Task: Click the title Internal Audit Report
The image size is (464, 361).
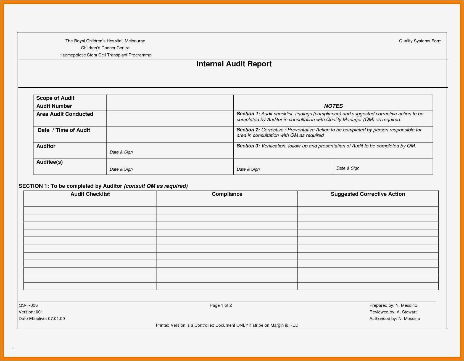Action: click(x=234, y=64)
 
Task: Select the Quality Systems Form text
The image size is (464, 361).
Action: click(x=420, y=41)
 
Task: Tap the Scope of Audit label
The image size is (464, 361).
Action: click(x=55, y=98)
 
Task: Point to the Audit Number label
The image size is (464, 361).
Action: click(x=54, y=106)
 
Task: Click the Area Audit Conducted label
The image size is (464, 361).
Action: click(x=65, y=114)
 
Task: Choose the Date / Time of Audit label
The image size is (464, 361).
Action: click(x=64, y=130)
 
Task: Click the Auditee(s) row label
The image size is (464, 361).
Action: click(x=49, y=162)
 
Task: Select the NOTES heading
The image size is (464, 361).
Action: click(x=333, y=106)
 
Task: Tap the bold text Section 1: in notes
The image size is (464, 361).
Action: click(x=248, y=114)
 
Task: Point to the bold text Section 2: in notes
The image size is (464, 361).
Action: click(x=248, y=130)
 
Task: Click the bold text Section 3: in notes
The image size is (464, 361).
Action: click(x=248, y=146)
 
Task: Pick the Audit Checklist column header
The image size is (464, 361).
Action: click(x=90, y=194)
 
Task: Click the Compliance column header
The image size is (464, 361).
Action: click(x=227, y=194)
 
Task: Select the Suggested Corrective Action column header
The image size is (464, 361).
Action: click(x=368, y=194)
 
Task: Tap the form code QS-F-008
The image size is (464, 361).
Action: click(x=28, y=305)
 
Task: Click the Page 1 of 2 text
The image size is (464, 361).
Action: click(x=221, y=305)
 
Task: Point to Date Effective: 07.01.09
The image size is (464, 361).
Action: click(x=42, y=319)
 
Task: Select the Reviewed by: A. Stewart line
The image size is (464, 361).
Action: click(x=393, y=312)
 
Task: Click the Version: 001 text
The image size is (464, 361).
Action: click(x=31, y=312)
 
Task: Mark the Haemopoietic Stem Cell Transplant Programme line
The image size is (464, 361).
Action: click(x=106, y=55)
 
